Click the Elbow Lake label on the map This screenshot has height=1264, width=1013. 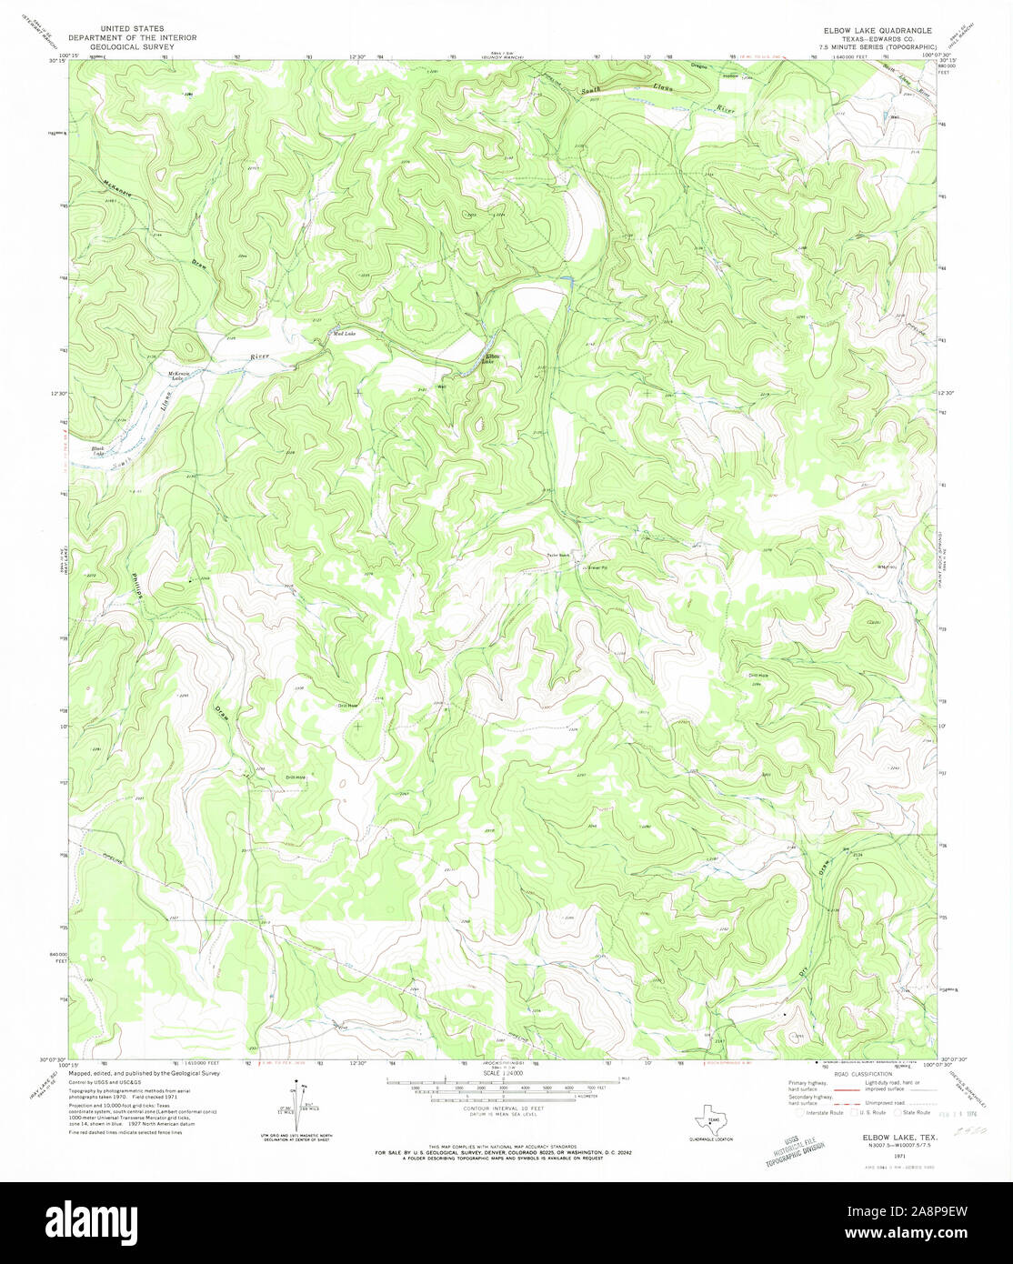(492, 359)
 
